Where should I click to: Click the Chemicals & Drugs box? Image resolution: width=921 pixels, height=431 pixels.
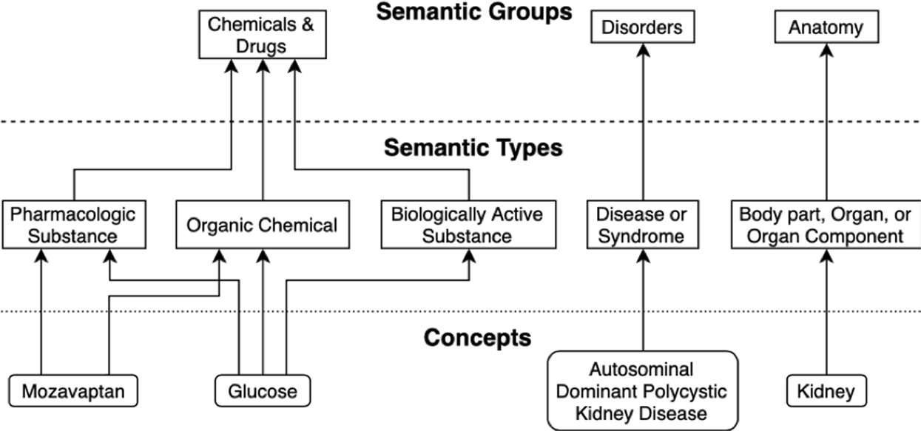[261, 35]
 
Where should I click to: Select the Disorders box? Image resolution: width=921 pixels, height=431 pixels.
[642, 28]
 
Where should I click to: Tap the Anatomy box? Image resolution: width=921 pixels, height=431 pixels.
[826, 28]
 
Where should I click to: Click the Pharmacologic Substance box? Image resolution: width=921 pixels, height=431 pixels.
[74, 225]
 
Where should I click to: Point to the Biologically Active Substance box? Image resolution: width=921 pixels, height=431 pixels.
[467, 225]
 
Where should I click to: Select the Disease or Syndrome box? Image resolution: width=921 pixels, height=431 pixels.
[642, 225]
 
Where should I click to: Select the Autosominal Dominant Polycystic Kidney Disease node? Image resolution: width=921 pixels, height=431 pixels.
[642, 390]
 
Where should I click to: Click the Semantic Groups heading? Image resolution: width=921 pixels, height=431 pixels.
[473, 12]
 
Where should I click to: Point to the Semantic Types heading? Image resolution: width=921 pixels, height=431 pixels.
[473, 148]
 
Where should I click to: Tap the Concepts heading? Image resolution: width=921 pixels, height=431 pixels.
[477, 338]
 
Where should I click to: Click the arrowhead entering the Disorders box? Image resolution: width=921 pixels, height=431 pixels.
[642, 50]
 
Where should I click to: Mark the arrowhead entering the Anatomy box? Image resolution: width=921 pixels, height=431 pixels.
[826, 50]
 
